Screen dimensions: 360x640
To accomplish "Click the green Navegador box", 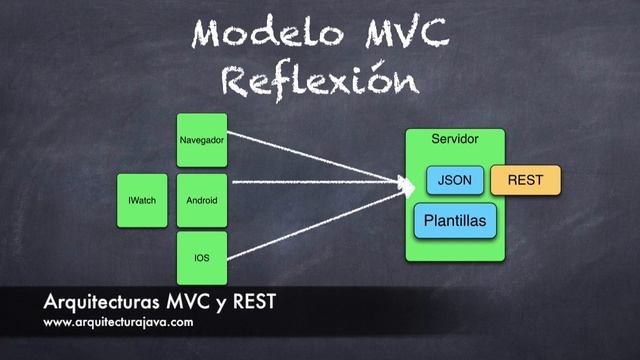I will pyautogui.click(x=201, y=140).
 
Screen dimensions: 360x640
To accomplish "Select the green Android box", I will pyautogui.click(x=201, y=200).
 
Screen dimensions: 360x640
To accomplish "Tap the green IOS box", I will pyautogui.click(x=201, y=258).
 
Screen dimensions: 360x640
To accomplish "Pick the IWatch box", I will pyautogui.click(x=141, y=200).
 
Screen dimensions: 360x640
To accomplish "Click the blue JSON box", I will pyautogui.click(x=455, y=180).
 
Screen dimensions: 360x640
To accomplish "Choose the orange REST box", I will pyautogui.click(x=525, y=180).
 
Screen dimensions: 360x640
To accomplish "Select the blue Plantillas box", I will pyautogui.click(x=455, y=219).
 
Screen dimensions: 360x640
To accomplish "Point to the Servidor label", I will pyautogui.click(x=454, y=139).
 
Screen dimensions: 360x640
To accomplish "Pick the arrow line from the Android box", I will pyautogui.click(x=310, y=184).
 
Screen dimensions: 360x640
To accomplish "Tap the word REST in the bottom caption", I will pyautogui.click(x=254, y=303).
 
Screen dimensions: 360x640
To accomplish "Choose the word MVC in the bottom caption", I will pyautogui.click(x=180, y=303).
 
